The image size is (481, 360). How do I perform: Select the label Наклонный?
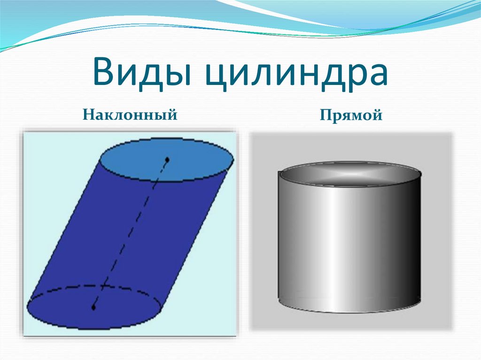tap(130, 115)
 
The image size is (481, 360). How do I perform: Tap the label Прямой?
tap(351, 115)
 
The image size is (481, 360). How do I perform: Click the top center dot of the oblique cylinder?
tap(167, 160)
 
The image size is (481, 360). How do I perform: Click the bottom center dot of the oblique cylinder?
tap(93, 307)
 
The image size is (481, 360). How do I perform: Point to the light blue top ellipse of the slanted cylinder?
tap(167, 160)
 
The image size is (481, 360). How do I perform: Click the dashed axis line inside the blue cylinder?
tap(131, 234)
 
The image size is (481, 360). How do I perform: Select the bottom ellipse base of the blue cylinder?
tap(94, 307)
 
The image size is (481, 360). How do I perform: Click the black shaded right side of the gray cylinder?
tap(411, 242)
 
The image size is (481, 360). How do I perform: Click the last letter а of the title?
tap(376, 75)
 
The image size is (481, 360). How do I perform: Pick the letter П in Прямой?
tap(326, 115)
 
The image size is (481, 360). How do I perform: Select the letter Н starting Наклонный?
tap(89, 115)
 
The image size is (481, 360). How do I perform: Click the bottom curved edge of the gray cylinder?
tap(349, 311)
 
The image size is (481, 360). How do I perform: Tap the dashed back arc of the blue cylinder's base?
tap(94, 286)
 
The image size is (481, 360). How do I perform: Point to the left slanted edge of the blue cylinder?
tap(65, 230)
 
